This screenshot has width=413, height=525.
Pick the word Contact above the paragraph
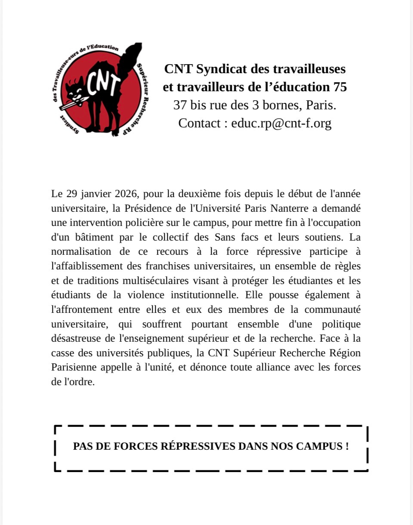(199, 123)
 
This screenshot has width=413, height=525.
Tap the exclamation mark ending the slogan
(347, 446)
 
